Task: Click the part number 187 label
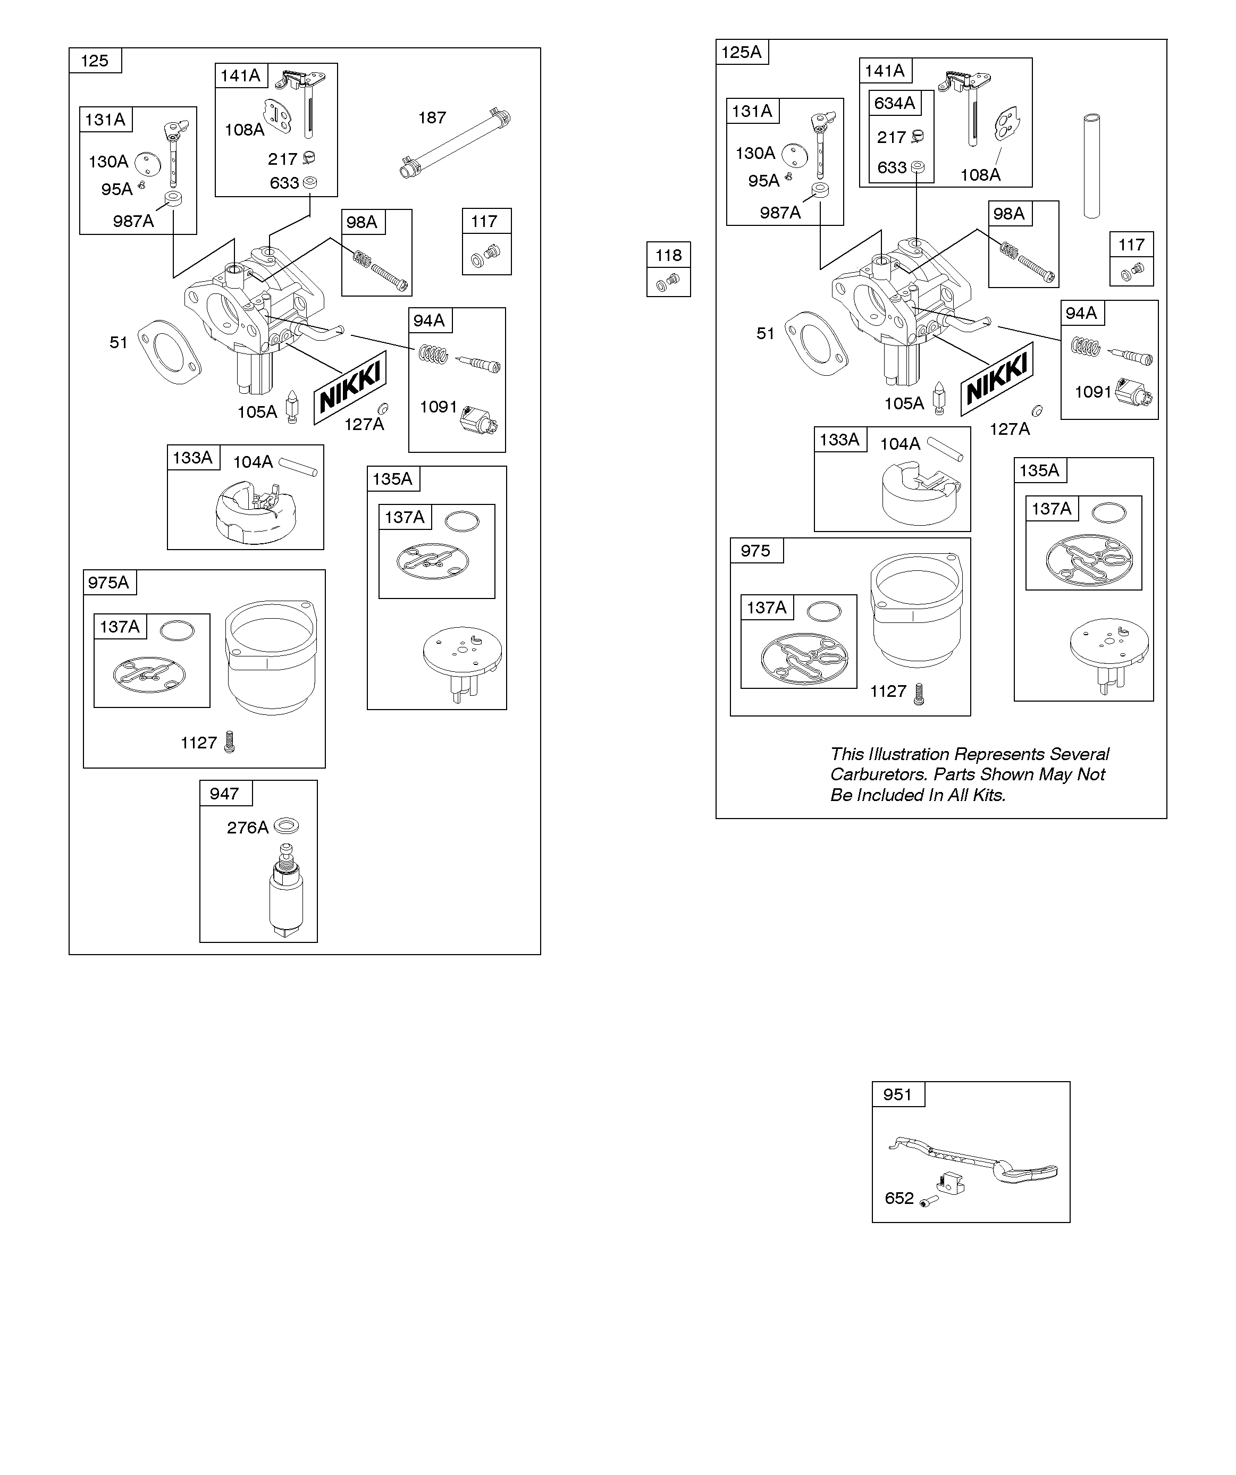click(432, 117)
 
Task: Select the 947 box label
click(224, 794)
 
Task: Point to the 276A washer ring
click(286, 825)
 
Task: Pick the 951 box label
click(897, 1094)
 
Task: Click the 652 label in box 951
click(899, 1198)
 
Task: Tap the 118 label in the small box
click(668, 255)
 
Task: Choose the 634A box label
click(895, 103)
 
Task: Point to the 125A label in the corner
click(741, 52)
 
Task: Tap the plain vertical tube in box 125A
click(1091, 166)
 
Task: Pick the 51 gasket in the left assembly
click(169, 351)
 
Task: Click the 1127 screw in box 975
click(919, 695)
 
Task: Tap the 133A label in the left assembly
click(192, 458)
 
